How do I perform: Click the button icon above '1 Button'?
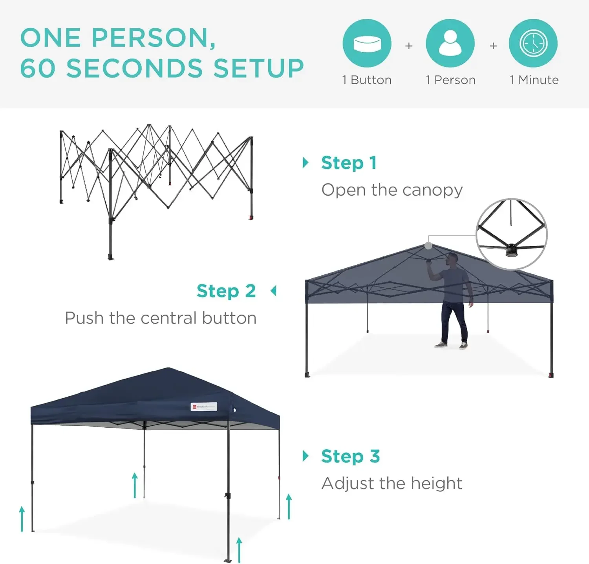coord(367,43)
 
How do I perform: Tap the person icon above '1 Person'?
coord(450,43)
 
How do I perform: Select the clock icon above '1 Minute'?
coord(533,43)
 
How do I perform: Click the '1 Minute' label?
coord(534,80)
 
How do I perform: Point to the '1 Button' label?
coord(367,80)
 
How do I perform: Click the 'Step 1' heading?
coord(349,163)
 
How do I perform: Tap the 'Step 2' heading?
coord(226,291)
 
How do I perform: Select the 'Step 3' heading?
coord(350,456)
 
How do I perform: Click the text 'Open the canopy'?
coord(392,190)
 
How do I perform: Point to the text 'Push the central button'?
coord(161,318)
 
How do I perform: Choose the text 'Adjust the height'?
coord(392,483)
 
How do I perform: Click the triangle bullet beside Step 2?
coord(274,291)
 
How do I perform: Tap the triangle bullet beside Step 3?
coord(305,456)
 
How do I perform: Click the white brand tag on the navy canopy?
coord(204,407)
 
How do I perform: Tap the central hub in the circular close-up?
coord(511,249)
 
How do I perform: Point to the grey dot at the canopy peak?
coord(428,246)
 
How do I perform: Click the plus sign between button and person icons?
coord(409,46)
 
